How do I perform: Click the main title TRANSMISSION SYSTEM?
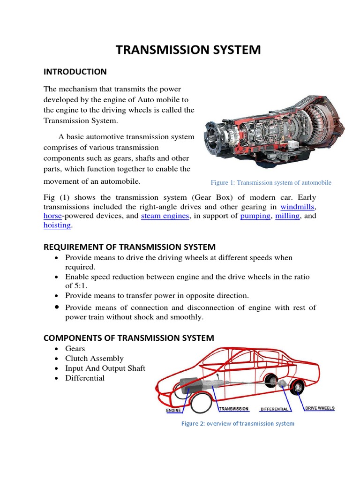(188, 50)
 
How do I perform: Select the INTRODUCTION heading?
(75, 72)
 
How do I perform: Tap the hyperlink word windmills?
(298, 207)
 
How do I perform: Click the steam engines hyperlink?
(165, 216)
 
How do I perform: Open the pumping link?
(255, 216)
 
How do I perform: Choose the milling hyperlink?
(287, 216)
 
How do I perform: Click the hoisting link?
(57, 225)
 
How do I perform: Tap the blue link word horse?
(52, 216)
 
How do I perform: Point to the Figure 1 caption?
(271, 182)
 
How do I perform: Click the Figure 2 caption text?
(238, 423)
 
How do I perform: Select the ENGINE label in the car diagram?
(174, 411)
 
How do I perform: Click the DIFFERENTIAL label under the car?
(274, 409)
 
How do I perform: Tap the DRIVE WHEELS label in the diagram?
(320, 408)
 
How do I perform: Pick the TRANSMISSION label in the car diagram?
(234, 409)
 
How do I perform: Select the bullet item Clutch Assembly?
(94, 359)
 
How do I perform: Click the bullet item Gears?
(75, 349)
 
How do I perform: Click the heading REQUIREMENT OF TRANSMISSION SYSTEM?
(129, 247)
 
